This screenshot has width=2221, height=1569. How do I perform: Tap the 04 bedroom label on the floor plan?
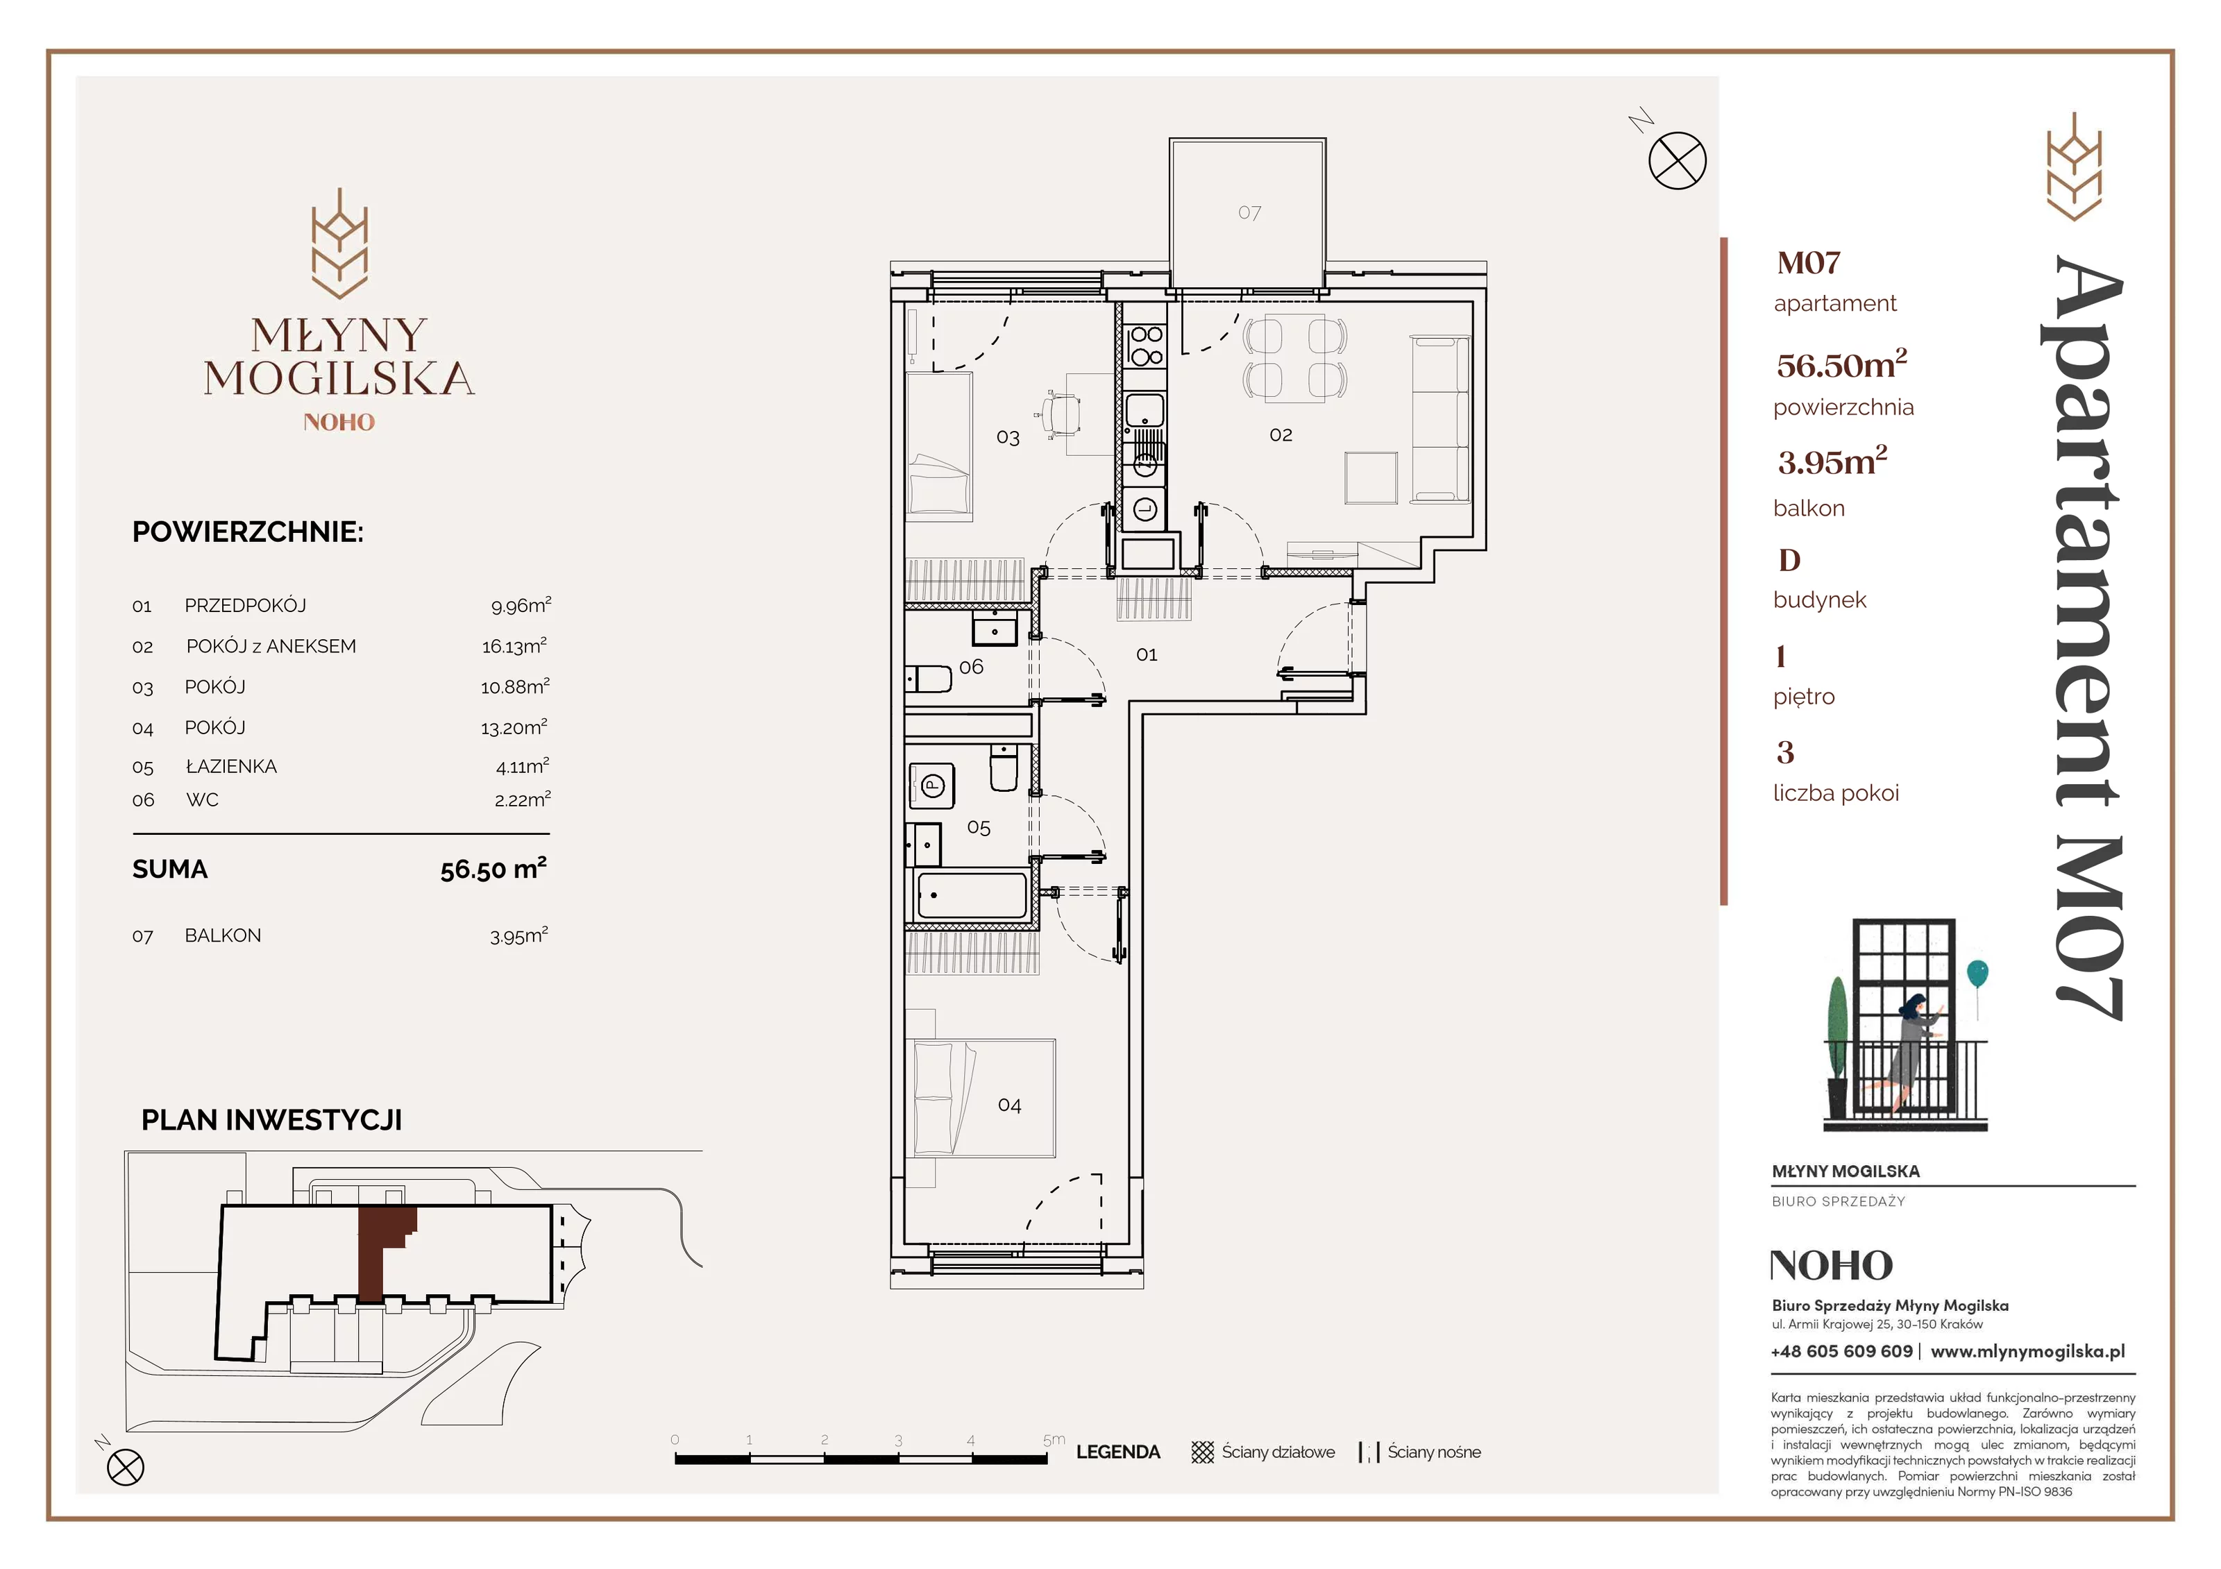[1009, 1105]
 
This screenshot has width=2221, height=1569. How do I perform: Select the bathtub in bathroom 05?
[970, 894]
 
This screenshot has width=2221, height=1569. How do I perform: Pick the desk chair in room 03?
[1061, 416]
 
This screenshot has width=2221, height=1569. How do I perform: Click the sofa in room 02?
[1440, 419]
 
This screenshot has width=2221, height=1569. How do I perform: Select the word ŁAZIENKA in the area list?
[231, 766]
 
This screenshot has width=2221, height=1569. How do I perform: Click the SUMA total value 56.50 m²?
[493, 869]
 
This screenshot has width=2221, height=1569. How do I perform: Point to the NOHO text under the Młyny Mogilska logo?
[339, 422]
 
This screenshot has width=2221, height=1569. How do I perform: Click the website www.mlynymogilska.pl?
[2027, 1351]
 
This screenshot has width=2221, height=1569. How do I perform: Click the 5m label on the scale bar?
[1054, 1439]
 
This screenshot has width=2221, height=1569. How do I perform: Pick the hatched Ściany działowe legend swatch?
[1202, 1452]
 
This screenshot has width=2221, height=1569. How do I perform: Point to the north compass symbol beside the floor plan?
[1678, 160]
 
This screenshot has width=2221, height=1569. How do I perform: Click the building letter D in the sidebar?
[1789, 560]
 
